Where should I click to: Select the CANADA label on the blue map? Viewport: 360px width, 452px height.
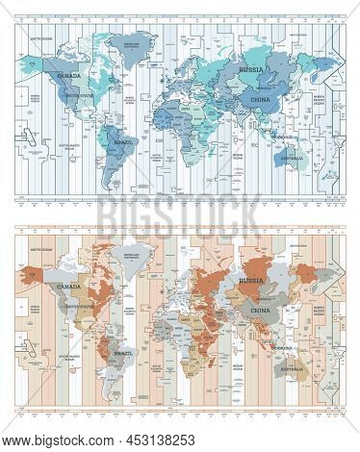[x=70, y=72]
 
